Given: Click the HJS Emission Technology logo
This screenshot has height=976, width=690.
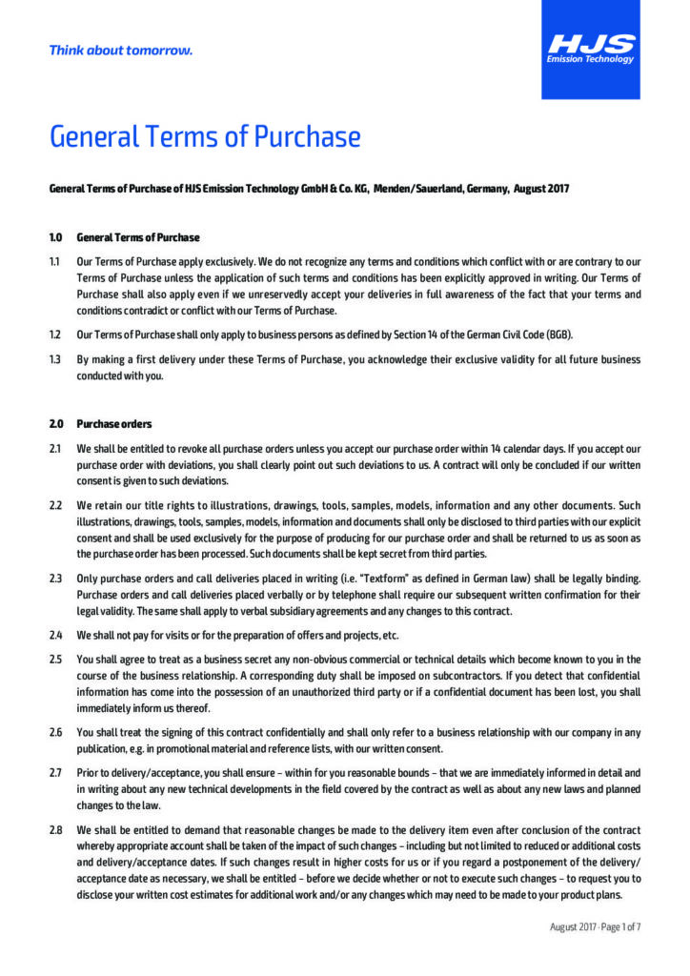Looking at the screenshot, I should point(591,49).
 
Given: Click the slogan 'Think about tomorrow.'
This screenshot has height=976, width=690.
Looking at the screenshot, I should point(121,51).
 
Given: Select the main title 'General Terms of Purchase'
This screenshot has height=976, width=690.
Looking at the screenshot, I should point(205,137).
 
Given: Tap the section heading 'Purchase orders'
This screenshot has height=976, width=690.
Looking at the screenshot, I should point(113,424).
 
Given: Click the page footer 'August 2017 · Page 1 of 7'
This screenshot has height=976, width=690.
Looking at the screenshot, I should point(595,925).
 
